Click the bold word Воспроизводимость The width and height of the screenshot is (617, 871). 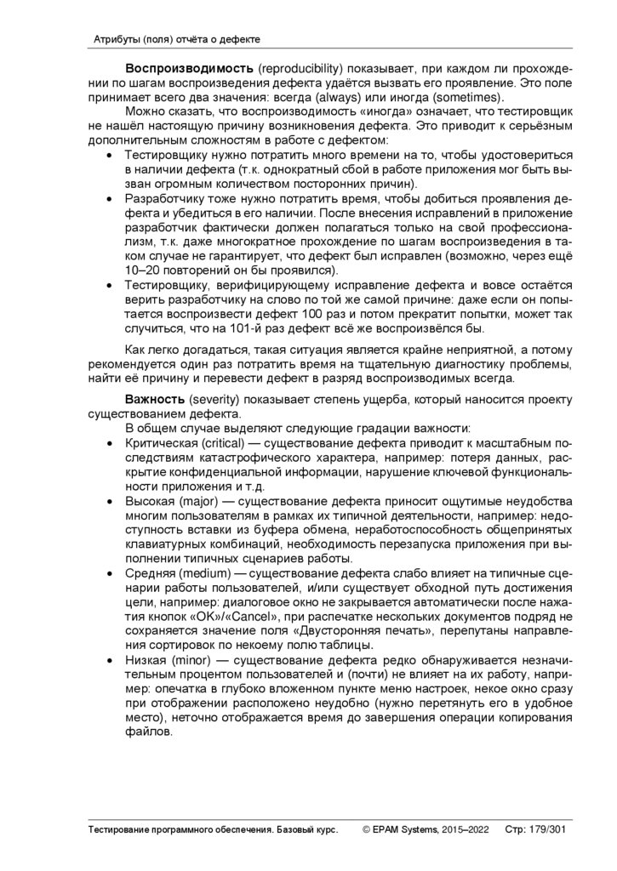[x=178, y=67]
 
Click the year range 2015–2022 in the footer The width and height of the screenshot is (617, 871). [x=465, y=828]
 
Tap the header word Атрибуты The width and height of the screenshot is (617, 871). [x=115, y=40]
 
